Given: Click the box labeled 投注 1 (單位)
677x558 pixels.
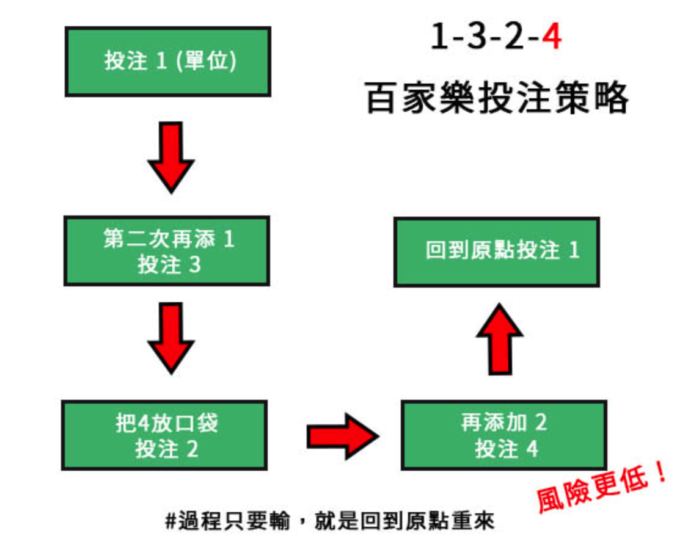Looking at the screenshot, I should pyautogui.click(x=167, y=61).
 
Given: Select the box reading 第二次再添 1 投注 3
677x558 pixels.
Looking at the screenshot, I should pyautogui.click(x=167, y=251).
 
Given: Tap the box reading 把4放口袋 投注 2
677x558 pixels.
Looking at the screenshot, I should pyautogui.click(x=164, y=435).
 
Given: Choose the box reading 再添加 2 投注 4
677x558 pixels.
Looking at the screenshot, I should pyautogui.click(x=503, y=435).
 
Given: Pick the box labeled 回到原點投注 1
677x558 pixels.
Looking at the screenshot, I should pyautogui.click(x=496, y=252).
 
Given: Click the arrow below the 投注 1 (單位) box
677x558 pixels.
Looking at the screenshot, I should pyautogui.click(x=171, y=156).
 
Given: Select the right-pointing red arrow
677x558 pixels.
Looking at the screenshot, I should pyautogui.click(x=342, y=436).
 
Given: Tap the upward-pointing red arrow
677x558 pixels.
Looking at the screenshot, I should pyautogui.click(x=499, y=339).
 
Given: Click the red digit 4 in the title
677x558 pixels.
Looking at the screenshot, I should pyautogui.click(x=551, y=38).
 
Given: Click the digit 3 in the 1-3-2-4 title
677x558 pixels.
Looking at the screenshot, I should pyautogui.click(x=475, y=38).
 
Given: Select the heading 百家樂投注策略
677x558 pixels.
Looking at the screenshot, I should pyautogui.click(x=497, y=98).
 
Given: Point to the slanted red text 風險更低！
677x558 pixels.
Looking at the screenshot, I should pyautogui.click(x=601, y=489).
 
